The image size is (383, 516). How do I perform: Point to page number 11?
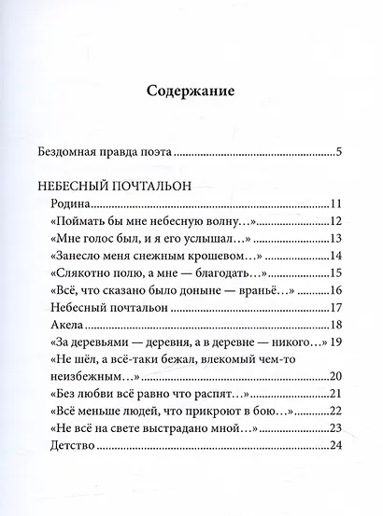pos(338,203)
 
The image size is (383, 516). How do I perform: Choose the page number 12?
pos(338,221)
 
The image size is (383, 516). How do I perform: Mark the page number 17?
pos(338,307)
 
